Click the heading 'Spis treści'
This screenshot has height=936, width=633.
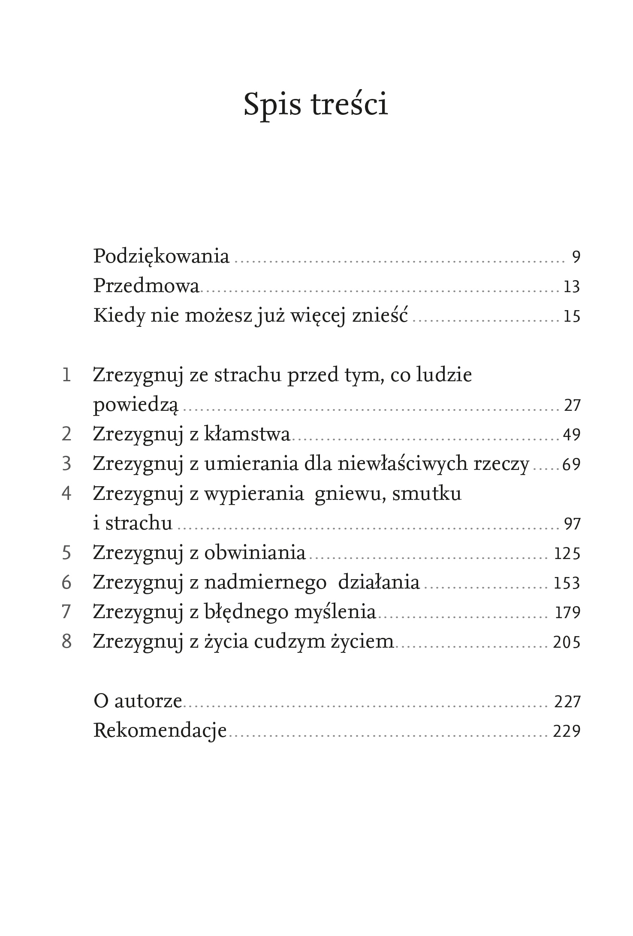pos(316,105)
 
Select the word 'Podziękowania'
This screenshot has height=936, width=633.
pos(161,257)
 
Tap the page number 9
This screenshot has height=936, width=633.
pos(576,257)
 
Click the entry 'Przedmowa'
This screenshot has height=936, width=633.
pos(147,286)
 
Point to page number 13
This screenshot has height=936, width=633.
pos(572,287)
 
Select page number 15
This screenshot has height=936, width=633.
pos(572,316)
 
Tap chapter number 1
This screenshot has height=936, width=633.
pos(66,375)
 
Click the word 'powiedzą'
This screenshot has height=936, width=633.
pos(136,405)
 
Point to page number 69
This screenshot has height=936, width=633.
pos(571,464)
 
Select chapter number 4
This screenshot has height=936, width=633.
pos(66,493)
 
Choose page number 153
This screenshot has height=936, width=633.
pos(567,583)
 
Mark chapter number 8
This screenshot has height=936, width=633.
pos(66,642)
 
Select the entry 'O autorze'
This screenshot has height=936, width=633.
pos(138,701)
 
